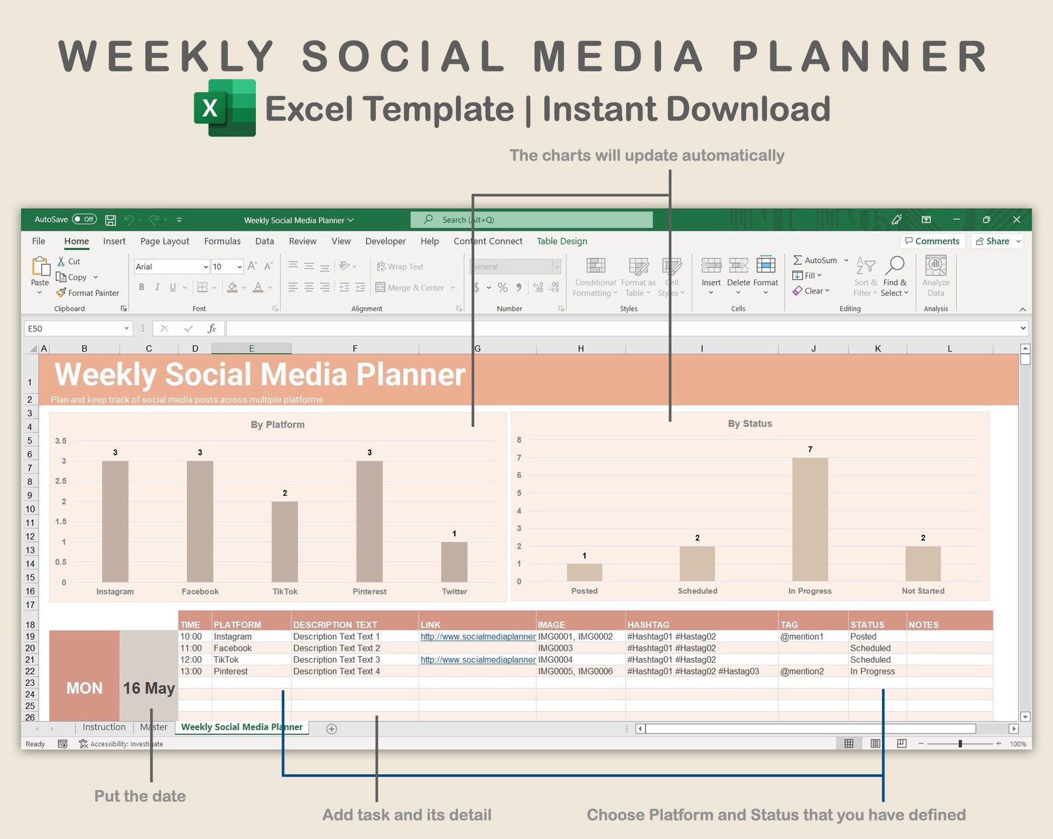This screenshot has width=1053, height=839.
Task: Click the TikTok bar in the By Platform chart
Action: [284, 541]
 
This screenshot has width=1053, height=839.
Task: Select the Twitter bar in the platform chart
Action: [454, 562]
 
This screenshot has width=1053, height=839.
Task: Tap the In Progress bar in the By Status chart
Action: [810, 520]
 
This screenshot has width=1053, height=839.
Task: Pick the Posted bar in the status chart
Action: [584, 573]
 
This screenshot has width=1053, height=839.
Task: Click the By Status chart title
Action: [749, 423]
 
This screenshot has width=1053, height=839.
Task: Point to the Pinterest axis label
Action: [369, 591]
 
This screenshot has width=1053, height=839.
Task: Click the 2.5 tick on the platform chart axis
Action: [60, 481]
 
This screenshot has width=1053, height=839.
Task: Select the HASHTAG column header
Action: [648, 624]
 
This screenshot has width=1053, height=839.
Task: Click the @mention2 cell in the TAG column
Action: [802, 671]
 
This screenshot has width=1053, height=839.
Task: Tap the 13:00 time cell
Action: [191, 671]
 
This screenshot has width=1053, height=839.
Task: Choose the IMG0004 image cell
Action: [556, 659]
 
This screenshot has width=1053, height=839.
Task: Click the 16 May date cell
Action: [149, 688]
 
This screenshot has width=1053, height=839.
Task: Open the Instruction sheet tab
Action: [104, 727]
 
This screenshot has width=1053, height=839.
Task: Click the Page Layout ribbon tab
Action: [164, 241]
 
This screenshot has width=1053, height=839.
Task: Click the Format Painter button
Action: [88, 293]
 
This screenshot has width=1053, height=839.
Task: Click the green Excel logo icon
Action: [225, 108]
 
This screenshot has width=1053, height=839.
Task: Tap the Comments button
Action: [932, 241]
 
